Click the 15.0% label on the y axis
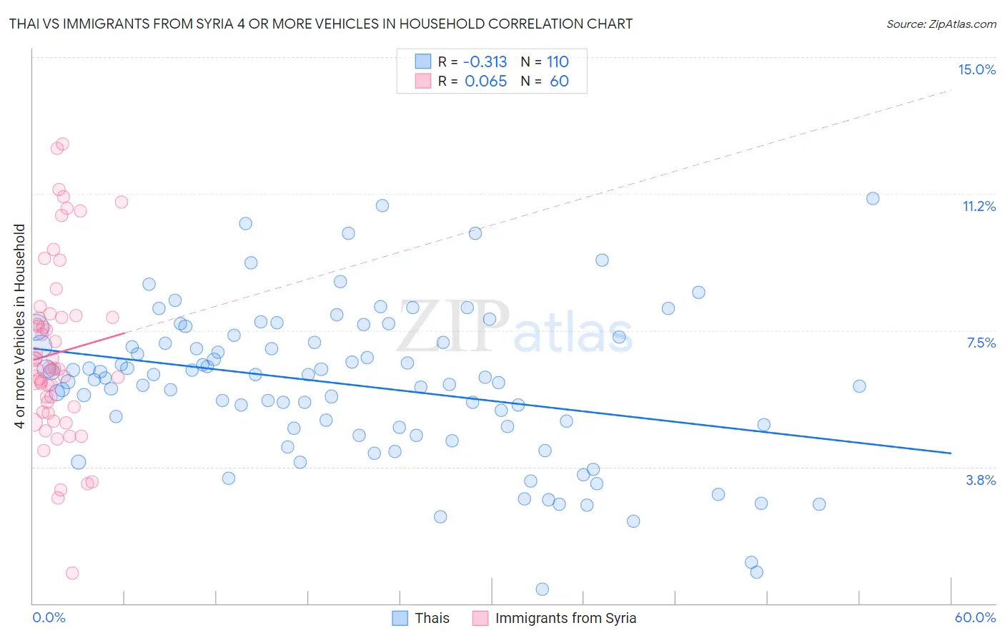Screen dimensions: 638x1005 coord(976,69)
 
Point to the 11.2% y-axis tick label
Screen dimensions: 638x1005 coord(979,206)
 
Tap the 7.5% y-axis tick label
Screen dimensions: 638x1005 coord(981,343)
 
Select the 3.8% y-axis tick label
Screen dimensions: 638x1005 coord(981,480)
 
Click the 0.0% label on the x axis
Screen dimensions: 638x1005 coord(49,617)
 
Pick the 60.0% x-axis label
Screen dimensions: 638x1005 coord(975,617)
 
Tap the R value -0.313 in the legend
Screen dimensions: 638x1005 coord(485,62)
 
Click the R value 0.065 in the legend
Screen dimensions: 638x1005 coord(485,81)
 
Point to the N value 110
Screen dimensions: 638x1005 coord(558,62)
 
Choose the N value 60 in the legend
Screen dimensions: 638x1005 coord(559,81)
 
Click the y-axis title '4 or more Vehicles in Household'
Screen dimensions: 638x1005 coord(20,326)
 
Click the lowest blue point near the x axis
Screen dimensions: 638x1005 coord(543,589)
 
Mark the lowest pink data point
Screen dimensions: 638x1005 coord(72,573)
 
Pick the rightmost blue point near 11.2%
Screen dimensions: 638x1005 coord(873,198)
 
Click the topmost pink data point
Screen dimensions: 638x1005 coord(62,144)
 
